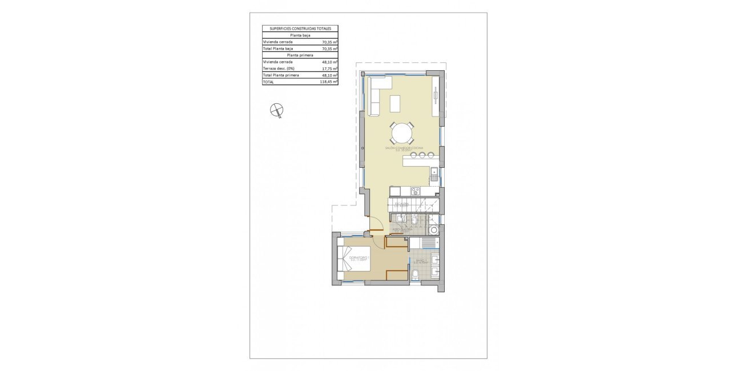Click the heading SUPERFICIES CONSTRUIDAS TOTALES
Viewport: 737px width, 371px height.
point(300,28)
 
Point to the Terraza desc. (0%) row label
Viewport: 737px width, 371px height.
point(278,68)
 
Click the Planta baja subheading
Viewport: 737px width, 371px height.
point(300,35)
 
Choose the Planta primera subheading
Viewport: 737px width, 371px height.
point(300,55)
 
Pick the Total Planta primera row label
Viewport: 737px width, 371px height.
point(281,75)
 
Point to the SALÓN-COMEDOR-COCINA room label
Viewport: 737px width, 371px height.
point(404,148)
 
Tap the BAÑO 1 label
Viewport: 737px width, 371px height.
point(421,261)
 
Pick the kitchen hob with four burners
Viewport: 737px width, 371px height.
point(416,191)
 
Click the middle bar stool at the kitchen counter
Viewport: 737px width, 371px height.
point(414,155)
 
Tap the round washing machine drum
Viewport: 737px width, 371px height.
point(435,231)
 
